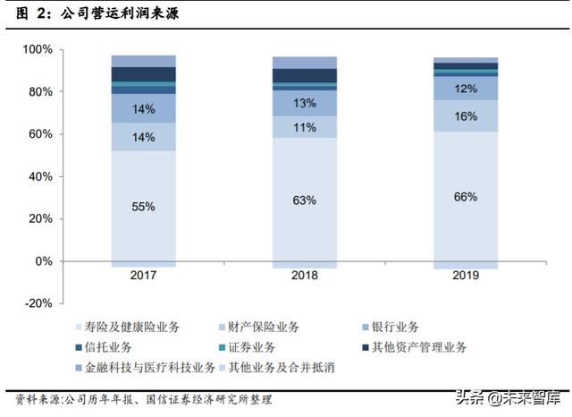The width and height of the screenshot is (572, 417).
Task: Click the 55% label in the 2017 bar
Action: point(143,207)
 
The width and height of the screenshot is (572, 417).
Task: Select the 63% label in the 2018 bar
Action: point(304,200)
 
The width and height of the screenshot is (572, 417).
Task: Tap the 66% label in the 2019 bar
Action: point(465,197)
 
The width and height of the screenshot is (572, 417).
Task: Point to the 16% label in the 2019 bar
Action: point(465,116)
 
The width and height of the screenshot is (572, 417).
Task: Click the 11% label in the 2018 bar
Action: point(304,127)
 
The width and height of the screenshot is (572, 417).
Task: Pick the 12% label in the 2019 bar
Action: point(465,89)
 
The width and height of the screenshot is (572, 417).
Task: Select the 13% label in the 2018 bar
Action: point(304,103)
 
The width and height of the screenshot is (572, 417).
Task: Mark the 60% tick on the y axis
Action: point(40,134)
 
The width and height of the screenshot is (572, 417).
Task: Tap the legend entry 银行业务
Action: point(391,327)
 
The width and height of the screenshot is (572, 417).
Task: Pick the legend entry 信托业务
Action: point(106,346)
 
